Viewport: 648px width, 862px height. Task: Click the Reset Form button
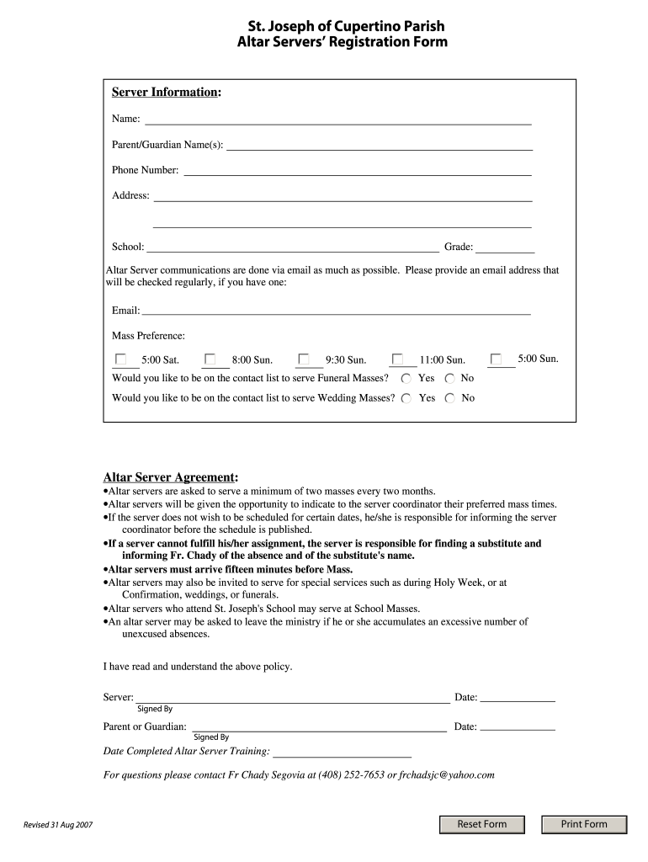(x=482, y=824)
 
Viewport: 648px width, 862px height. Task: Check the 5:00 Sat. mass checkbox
(x=121, y=359)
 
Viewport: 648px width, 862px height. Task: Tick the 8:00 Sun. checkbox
(x=210, y=359)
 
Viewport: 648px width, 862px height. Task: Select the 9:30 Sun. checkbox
(x=304, y=359)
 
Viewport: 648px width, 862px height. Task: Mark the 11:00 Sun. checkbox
(x=397, y=359)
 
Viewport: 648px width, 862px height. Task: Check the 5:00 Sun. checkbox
(x=496, y=359)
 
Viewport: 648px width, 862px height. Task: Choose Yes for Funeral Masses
(x=406, y=379)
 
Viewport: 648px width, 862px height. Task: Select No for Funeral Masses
(x=450, y=379)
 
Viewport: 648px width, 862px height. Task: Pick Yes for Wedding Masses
(x=406, y=398)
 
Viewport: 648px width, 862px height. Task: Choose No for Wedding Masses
(x=450, y=398)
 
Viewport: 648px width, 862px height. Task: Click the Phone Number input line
(x=358, y=171)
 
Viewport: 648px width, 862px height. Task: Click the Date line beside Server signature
(x=517, y=697)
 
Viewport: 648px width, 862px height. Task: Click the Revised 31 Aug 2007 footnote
(x=58, y=826)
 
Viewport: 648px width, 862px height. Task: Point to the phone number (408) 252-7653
(x=352, y=774)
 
